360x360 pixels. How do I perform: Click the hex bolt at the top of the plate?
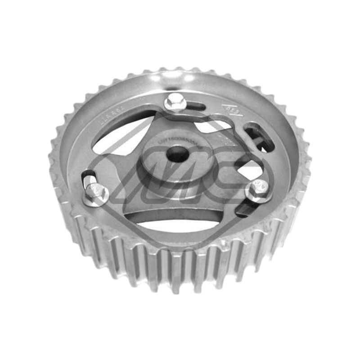[x=175, y=103]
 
